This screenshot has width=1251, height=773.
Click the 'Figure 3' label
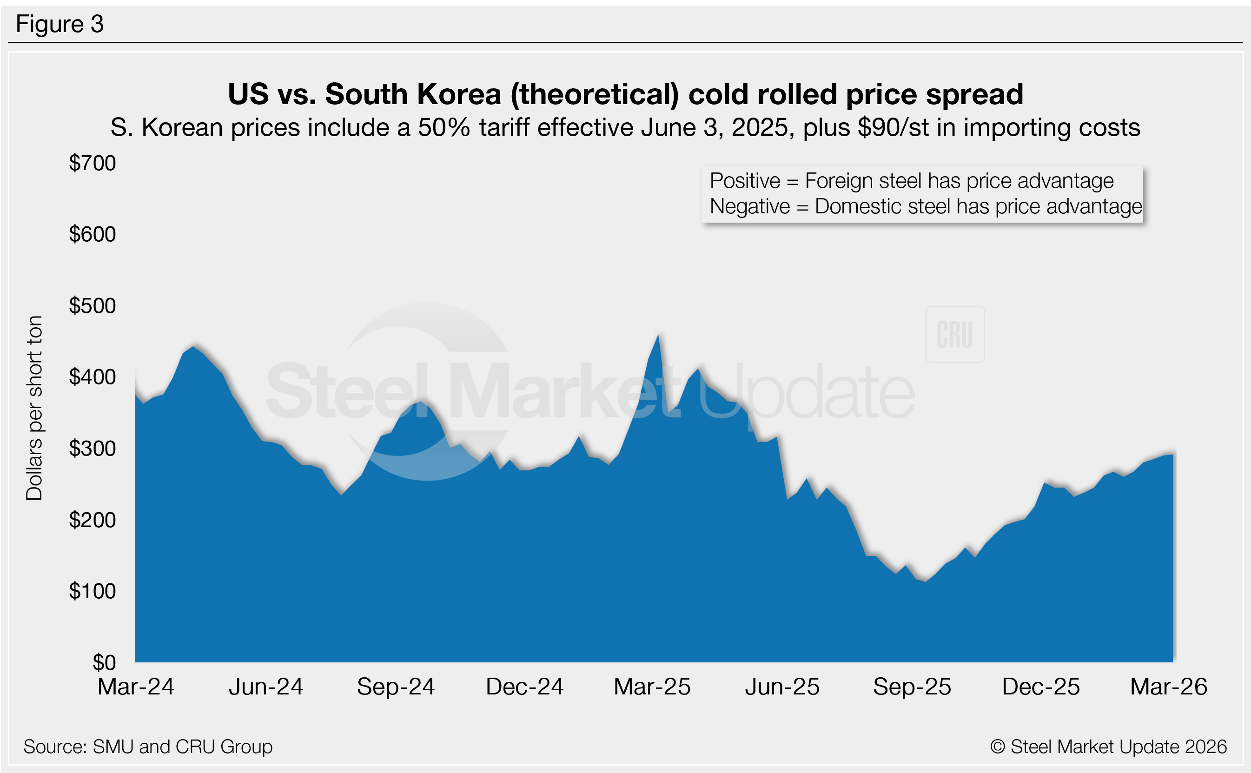[60, 24]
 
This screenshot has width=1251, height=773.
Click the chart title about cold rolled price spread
[625, 94]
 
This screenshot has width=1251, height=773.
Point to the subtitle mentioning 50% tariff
[625, 127]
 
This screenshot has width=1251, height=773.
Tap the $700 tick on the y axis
[93, 163]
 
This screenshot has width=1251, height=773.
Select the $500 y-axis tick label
[93, 306]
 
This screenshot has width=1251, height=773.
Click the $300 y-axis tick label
[93, 449]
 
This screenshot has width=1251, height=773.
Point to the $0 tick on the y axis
[104, 662]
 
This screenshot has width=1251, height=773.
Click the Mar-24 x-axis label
[136, 687]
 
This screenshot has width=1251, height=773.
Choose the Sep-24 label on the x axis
[396, 687]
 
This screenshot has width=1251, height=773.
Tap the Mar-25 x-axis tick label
[652, 687]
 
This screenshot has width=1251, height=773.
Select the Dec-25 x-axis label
[1041, 687]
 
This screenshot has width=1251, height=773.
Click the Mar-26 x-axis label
[1169, 687]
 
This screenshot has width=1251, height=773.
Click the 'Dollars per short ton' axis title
[34, 408]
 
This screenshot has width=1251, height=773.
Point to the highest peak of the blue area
[658, 336]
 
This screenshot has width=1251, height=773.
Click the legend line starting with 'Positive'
[912, 181]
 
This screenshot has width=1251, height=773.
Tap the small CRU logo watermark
[954, 335]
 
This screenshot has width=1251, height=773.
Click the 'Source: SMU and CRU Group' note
[148, 747]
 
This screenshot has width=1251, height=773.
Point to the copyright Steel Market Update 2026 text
[1108, 747]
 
